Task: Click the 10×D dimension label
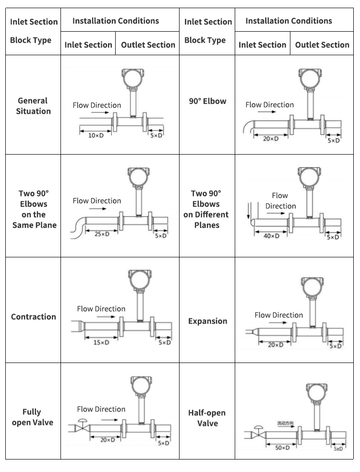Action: [96, 135]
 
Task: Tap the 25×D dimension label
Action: [102, 234]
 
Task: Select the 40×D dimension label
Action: [272, 236]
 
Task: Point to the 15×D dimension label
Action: [101, 342]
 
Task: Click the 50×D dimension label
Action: [282, 448]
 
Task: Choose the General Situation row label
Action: [33, 106]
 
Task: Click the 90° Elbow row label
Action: [207, 101]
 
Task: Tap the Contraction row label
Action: [34, 317]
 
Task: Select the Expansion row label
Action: [208, 321]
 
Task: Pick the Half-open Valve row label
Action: [207, 418]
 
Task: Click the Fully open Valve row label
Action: [33, 417]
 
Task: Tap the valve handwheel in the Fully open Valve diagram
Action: [82, 421]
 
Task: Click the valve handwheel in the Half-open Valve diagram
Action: [258, 427]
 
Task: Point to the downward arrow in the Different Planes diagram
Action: [248, 211]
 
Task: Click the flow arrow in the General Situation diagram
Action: [100, 112]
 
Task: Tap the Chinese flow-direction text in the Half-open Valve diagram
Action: [285, 423]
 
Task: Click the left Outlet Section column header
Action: [148, 45]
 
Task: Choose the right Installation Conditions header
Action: [288, 21]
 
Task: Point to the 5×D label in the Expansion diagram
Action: [336, 346]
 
